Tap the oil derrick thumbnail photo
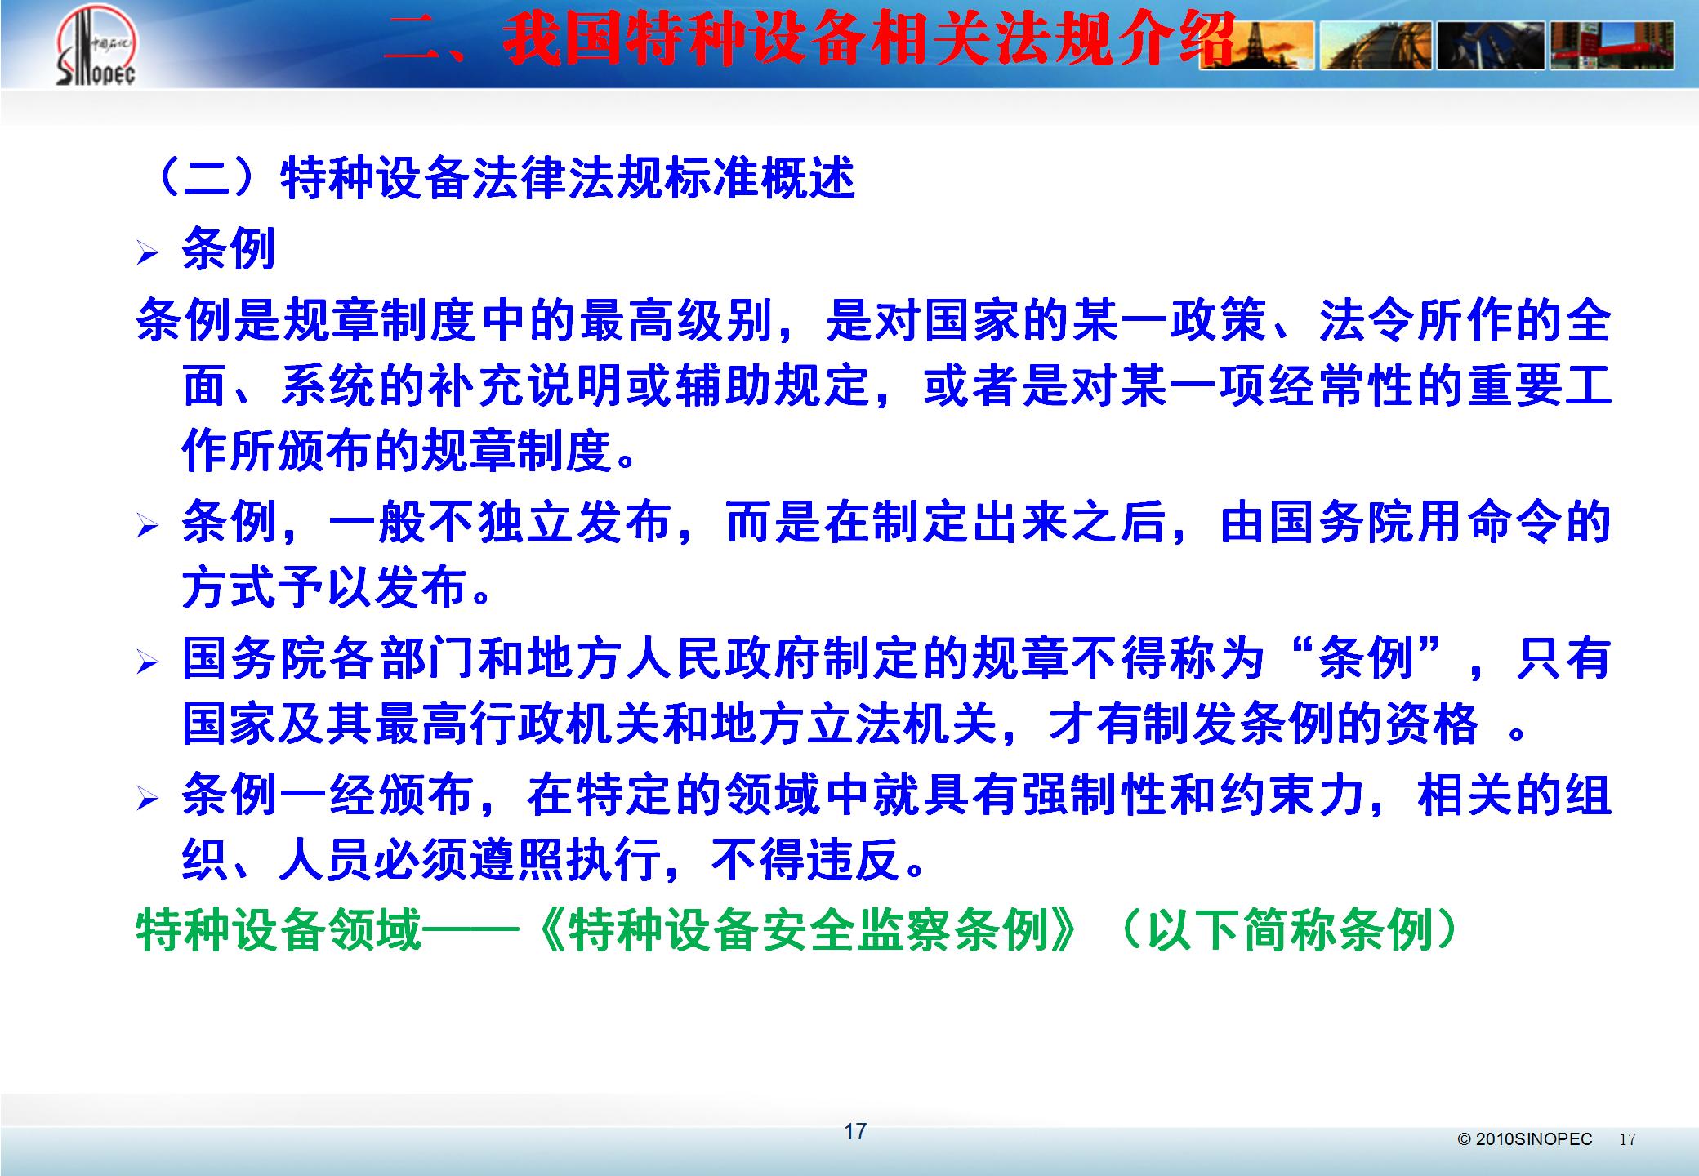1257,45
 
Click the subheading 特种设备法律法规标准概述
568,177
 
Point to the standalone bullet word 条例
229,248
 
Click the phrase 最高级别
676,320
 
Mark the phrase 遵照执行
564,859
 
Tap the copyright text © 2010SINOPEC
1525,1138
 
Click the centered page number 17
855,1131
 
